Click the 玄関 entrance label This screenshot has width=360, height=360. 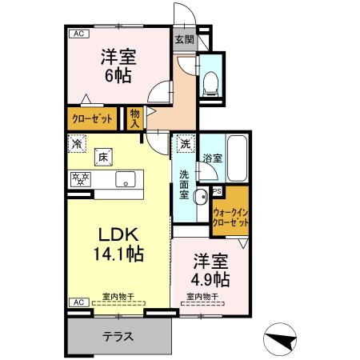click(184, 38)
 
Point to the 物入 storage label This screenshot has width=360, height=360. click(134, 119)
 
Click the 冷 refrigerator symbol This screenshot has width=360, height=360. click(77, 144)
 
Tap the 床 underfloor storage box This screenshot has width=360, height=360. click(103, 158)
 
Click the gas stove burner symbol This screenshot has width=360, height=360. click(81, 178)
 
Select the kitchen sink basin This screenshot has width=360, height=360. click(126, 178)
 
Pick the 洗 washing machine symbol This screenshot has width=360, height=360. click(185, 144)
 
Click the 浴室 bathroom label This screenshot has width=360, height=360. click(212, 158)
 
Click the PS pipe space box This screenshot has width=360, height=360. click(217, 190)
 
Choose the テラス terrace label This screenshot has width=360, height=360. click(118, 335)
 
